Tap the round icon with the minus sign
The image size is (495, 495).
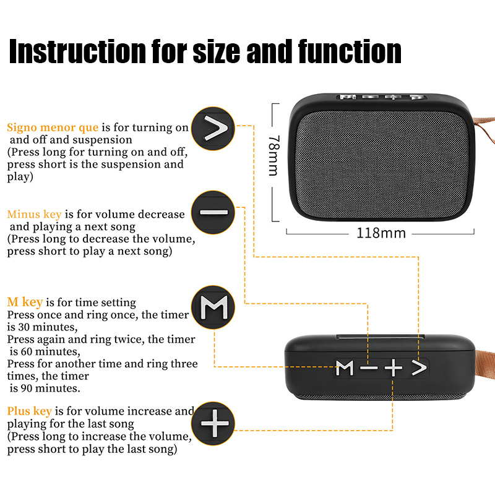point(213,212)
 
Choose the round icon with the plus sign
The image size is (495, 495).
point(213,424)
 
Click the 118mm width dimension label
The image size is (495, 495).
point(381,233)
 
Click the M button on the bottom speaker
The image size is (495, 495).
point(345,368)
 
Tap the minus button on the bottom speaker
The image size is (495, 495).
point(369,368)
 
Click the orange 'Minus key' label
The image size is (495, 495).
point(34,214)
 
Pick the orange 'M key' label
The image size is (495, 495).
point(25,303)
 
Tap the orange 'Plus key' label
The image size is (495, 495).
point(29,411)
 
